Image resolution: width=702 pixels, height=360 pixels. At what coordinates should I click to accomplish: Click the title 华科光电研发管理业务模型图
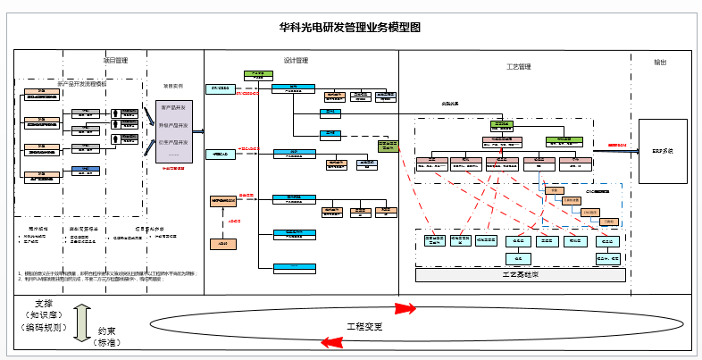pyautogui.click(x=350, y=28)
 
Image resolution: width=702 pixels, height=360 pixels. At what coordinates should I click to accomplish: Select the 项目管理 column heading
pyautogui.click(x=116, y=61)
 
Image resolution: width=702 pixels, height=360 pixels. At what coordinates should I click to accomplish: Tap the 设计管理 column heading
pyautogui.click(x=296, y=61)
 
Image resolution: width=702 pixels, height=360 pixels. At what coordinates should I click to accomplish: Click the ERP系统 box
pyautogui.click(x=663, y=151)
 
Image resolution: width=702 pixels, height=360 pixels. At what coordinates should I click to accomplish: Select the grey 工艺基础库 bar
pyautogui.click(x=521, y=275)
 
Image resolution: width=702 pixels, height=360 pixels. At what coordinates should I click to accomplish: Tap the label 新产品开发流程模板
pyautogui.click(x=81, y=83)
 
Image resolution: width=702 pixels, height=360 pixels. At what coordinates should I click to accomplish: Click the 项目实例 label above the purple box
pyautogui.click(x=173, y=87)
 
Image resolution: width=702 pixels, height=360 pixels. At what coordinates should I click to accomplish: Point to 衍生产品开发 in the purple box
pyautogui.click(x=173, y=142)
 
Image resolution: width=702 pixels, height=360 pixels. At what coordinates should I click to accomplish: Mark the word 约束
pyautogui.click(x=108, y=331)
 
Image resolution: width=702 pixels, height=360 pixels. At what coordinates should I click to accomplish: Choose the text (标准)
pyautogui.click(x=107, y=343)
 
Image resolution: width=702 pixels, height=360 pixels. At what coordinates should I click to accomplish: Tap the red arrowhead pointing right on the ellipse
pyautogui.click(x=406, y=309)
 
